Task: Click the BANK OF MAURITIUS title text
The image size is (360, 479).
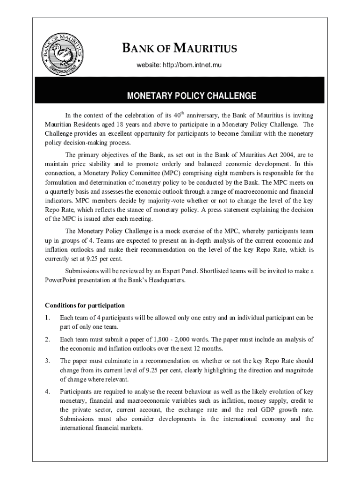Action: [180, 49]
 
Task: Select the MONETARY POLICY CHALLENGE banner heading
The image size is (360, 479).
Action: [192, 96]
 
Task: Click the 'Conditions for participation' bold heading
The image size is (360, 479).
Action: [85, 305]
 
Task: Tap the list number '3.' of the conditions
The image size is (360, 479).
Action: [47, 361]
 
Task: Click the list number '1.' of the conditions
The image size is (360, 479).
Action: [47, 318]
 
